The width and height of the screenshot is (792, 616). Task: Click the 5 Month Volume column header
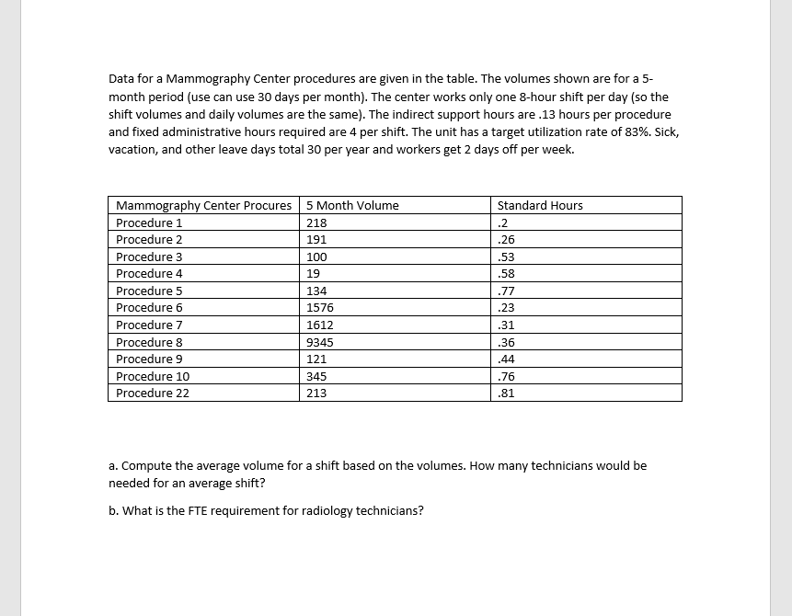click(x=352, y=205)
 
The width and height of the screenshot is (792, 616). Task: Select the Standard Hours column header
click(x=540, y=205)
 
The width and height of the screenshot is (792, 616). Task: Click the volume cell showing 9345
click(x=319, y=342)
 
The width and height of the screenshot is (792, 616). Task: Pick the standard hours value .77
click(x=505, y=291)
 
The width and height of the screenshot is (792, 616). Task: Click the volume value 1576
click(x=319, y=308)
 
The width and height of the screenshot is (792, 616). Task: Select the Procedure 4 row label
click(x=149, y=274)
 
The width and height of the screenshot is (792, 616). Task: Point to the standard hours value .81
click(x=505, y=394)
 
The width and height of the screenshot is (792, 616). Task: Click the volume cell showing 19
click(x=313, y=274)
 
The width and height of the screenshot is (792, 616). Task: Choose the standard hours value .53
click(x=505, y=257)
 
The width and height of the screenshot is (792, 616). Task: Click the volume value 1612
click(x=319, y=325)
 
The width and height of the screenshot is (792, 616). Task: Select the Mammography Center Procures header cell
click(x=203, y=205)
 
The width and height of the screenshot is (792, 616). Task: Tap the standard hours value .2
click(x=502, y=222)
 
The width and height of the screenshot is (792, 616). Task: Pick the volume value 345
click(x=316, y=376)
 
